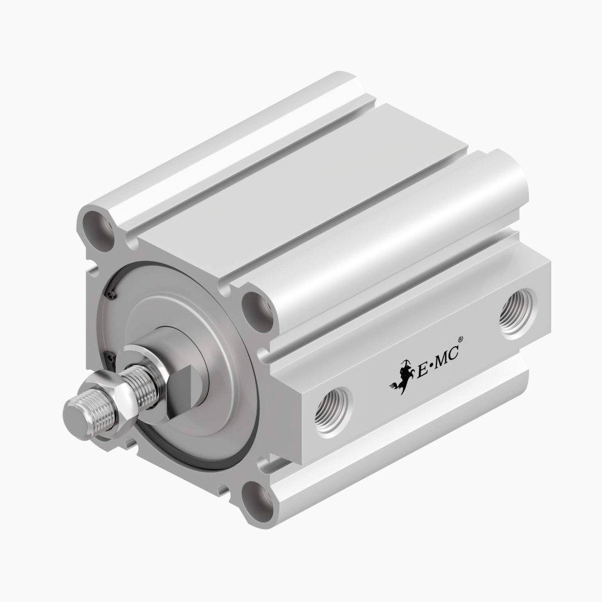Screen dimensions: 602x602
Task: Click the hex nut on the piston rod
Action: [x=124, y=399]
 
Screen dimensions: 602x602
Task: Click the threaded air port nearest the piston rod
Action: [x=333, y=412]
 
